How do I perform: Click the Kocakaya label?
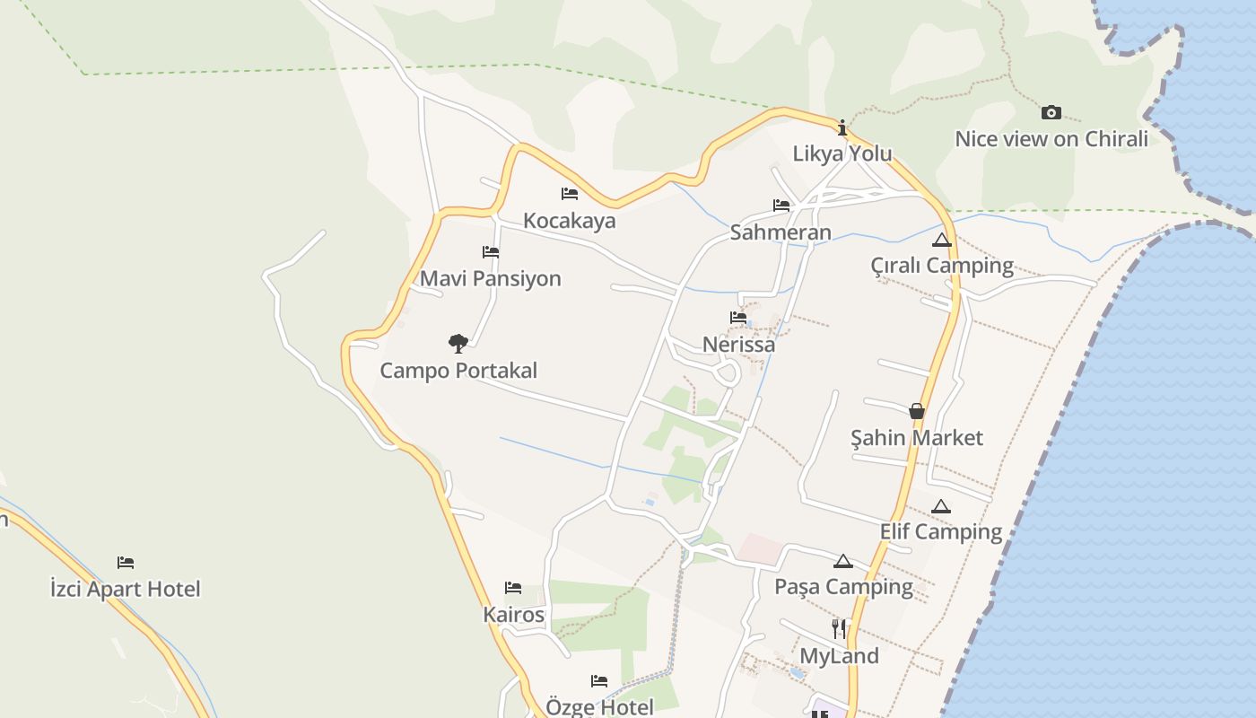(569, 221)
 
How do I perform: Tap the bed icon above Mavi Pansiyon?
(491, 252)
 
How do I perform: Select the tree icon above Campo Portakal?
(458, 343)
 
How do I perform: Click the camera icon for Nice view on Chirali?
(1051, 112)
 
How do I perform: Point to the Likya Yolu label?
(842, 153)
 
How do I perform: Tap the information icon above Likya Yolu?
(842, 127)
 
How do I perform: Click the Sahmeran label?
(781, 232)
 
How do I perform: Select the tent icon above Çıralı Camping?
(941, 240)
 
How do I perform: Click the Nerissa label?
(738, 344)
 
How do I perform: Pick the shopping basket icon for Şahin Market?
(917, 411)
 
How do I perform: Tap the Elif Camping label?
(940, 531)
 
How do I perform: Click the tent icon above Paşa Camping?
(842, 562)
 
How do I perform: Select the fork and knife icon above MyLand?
(839, 628)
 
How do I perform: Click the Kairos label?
(513, 615)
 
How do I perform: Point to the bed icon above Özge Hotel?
(599, 681)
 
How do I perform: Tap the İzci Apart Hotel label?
(126, 589)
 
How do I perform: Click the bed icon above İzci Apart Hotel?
(126, 563)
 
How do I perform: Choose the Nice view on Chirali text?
(1051, 139)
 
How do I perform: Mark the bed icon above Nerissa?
(738, 318)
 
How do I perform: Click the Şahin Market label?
(917, 438)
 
